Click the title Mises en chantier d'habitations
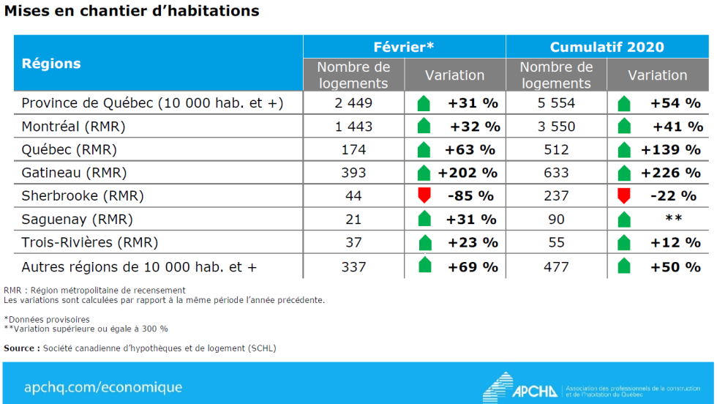coord(132,12)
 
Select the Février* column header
coord(404,47)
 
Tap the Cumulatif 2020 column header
coord(607,47)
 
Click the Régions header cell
coord(51,63)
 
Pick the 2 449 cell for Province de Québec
coord(353,103)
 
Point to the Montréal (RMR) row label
coord(73,127)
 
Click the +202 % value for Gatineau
coord(468,173)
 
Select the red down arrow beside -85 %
coord(423,195)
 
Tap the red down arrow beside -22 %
coord(624,195)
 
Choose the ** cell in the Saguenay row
coord(674,219)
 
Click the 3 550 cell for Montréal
coord(556,127)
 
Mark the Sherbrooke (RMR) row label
coord(82,196)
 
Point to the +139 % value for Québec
coord(670,150)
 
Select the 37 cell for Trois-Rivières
coord(353,242)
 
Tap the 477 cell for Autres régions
coord(556,266)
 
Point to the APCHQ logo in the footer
coord(520,386)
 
